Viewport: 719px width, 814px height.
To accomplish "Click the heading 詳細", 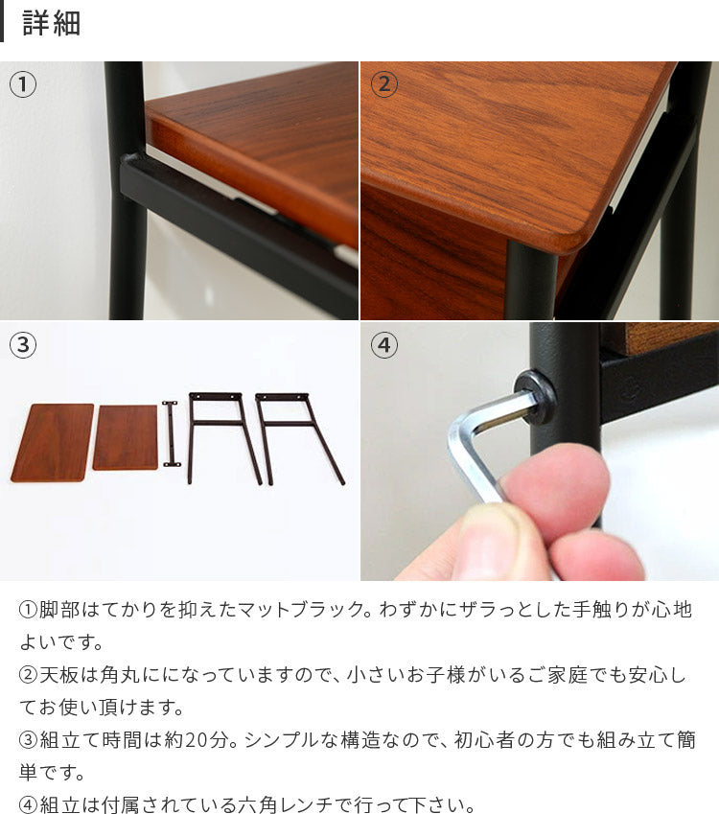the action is click(52, 23).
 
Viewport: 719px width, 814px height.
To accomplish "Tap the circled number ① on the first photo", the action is click(23, 84).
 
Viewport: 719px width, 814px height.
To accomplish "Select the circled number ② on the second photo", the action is click(384, 84).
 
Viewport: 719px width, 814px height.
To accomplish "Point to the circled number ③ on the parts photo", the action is click(23, 345).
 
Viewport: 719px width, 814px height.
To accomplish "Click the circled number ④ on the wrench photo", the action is click(384, 345).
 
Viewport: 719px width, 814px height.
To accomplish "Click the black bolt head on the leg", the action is click(535, 397).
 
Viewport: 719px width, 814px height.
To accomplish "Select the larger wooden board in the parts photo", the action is click(52, 442).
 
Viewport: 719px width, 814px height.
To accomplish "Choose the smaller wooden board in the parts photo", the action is click(126, 437).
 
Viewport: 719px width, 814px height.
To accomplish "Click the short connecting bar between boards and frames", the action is click(170, 433).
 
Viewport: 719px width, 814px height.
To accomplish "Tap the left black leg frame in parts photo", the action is click(224, 437).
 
